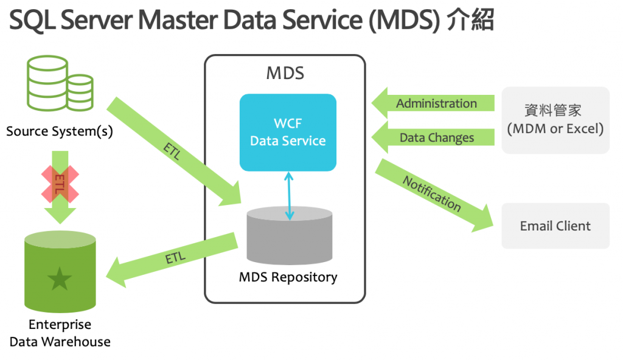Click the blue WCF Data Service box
click(x=288, y=132)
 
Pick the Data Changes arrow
click(x=433, y=138)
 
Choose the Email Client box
click(x=555, y=226)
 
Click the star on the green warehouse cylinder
click(x=60, y=279)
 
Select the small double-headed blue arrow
click(x=289, y=195)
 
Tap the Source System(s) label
click(x=60, y=131)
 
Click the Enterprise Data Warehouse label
click(x=60, y=333)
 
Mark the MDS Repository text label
click(x=288, y=278)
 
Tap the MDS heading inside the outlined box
click(x=285, y=74)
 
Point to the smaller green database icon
click(x=80, y=92)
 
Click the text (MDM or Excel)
click(x=555, y=129)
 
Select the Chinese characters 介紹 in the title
click(x=470, y=21)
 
